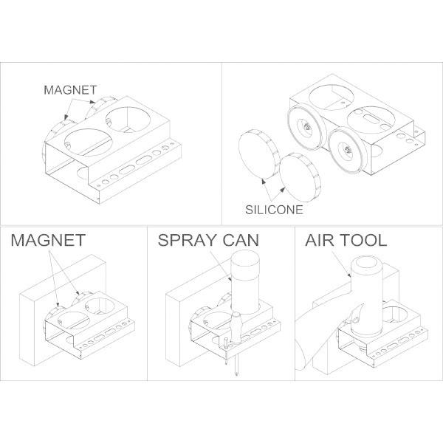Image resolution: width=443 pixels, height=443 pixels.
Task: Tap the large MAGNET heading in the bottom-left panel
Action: click(x=47, y=241)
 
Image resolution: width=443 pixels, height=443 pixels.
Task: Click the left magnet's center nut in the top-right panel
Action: click(x=304, y=127)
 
